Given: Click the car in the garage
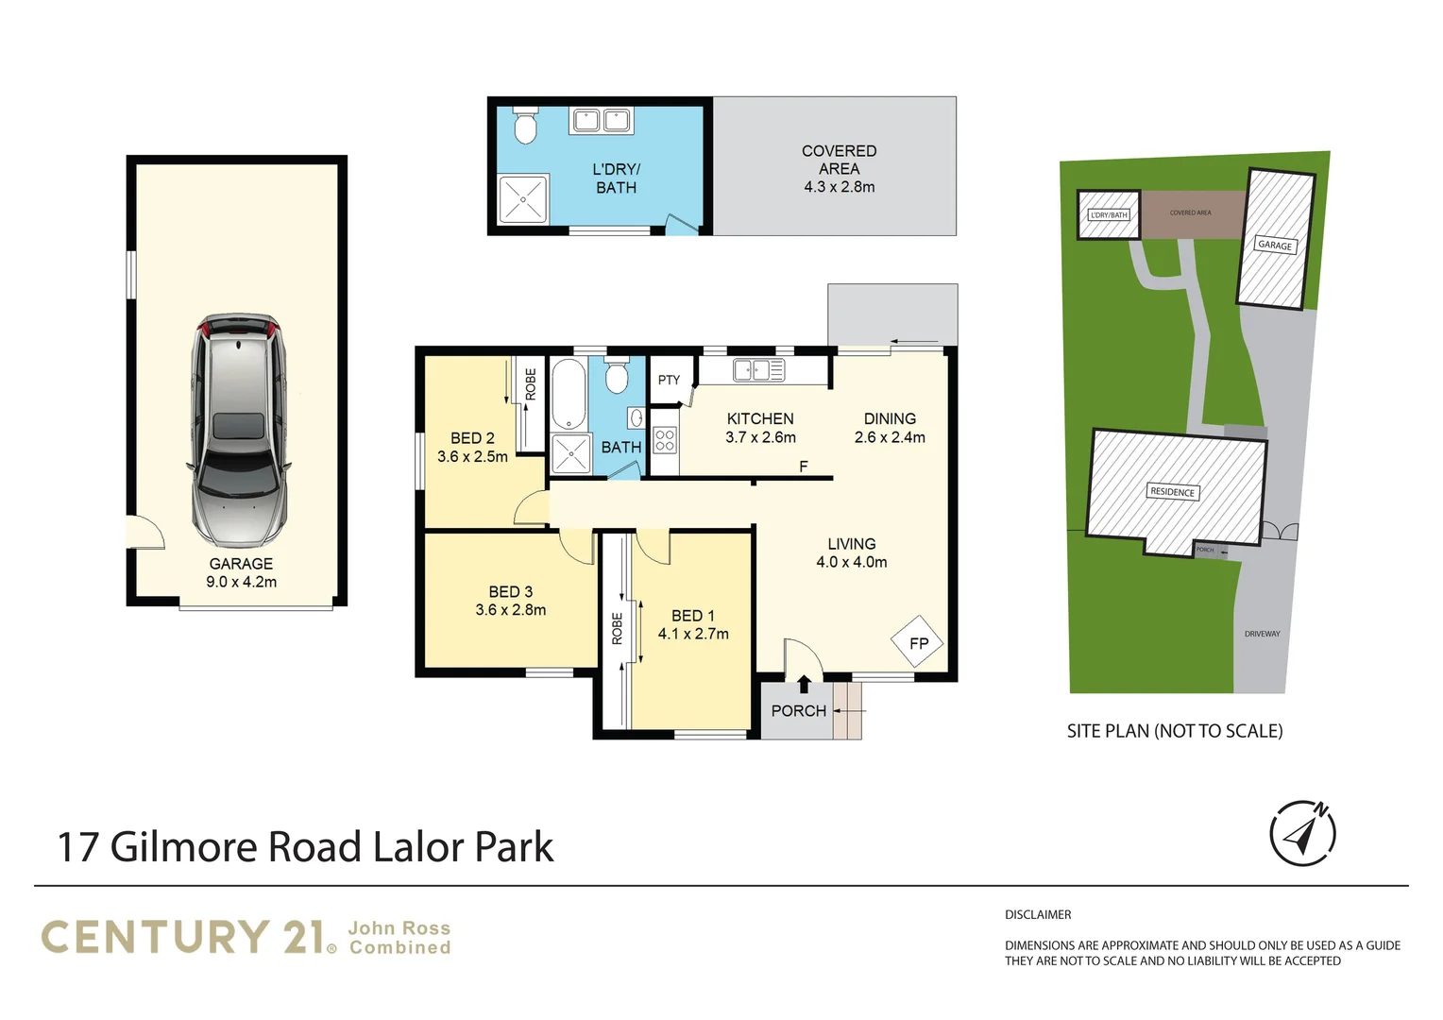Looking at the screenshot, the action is click(x=238, y=431).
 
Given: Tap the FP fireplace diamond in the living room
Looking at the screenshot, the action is click(x=917, y=641).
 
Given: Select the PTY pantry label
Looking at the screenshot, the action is click(x=669, y=381).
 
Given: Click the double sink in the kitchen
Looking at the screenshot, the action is click(x=758, y=370).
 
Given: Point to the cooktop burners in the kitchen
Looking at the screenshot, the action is click(x=665, y=441).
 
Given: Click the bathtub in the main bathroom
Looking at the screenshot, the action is click(x=569, y=394).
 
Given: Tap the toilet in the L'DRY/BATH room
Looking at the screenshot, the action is click(x=526, y=126).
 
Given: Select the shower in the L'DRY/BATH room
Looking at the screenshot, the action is click(x=523, y=199).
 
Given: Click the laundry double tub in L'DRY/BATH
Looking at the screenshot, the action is click(x=601, y=121).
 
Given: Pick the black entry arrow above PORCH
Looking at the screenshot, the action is click(x=804, y=684).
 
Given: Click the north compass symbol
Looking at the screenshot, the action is click(x=1302, y=834).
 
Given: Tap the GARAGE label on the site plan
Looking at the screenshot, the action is click(x=1275, y=245).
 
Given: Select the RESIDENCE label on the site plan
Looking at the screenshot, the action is click(x=1173, y=492).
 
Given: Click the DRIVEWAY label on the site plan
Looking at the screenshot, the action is click(x=1262, y=634).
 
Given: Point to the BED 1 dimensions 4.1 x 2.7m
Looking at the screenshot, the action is click(x=693, y=634).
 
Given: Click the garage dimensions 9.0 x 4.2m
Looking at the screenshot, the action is click(x=242, y=582).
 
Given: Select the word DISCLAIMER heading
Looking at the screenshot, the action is click(x=1038, y=914).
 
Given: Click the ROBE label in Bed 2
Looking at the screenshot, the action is click(x=531, y=384).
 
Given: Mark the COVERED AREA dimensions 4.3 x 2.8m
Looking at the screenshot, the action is click(x=840, y=187).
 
